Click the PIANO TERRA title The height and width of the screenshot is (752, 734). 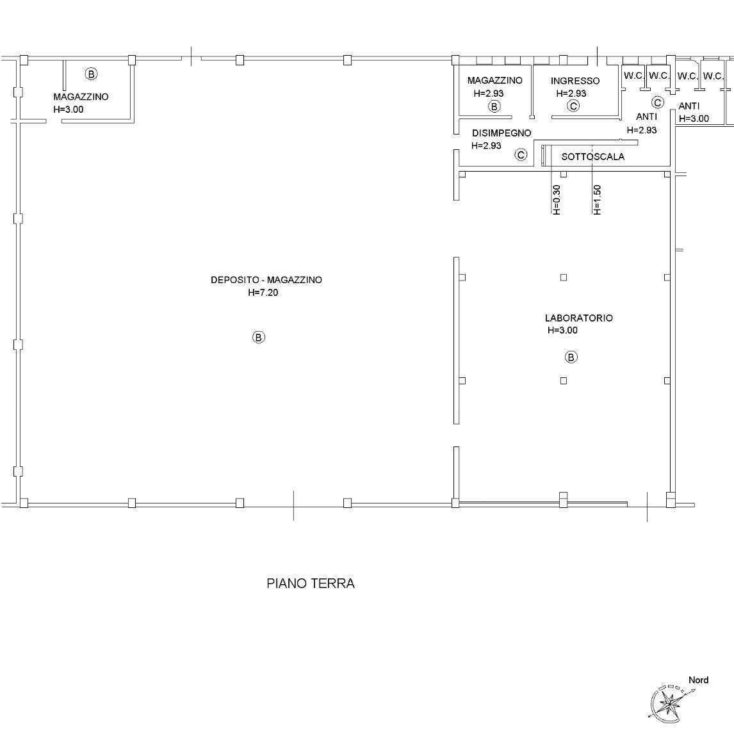[311, 583]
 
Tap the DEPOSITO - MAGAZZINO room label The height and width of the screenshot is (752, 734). [266, 280]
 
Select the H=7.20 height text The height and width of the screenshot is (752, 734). [263, 293]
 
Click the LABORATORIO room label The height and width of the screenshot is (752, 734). [578, 318]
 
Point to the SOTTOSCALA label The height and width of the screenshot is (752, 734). [592, 156]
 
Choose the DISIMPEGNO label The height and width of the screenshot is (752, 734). [502, 133]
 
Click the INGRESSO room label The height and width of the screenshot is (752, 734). [575, 81]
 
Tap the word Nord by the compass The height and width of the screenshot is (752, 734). [699, 680]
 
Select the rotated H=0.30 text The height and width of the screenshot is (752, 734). [556, 199]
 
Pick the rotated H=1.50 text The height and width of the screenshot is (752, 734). [597, 199]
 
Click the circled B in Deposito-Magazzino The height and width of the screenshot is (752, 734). [258, 337]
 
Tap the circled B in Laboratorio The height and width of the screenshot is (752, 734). [571, 357]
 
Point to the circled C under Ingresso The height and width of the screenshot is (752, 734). [573, 106]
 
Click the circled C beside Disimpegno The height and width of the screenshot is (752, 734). [521, 154]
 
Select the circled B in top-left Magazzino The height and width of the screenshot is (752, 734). [91, 74]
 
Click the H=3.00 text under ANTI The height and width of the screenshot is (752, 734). [694, 119]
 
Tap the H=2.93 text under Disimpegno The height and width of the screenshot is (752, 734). [486, 145]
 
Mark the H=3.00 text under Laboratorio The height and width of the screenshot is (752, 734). [562, 330]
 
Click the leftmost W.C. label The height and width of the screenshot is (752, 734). [633, 76]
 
